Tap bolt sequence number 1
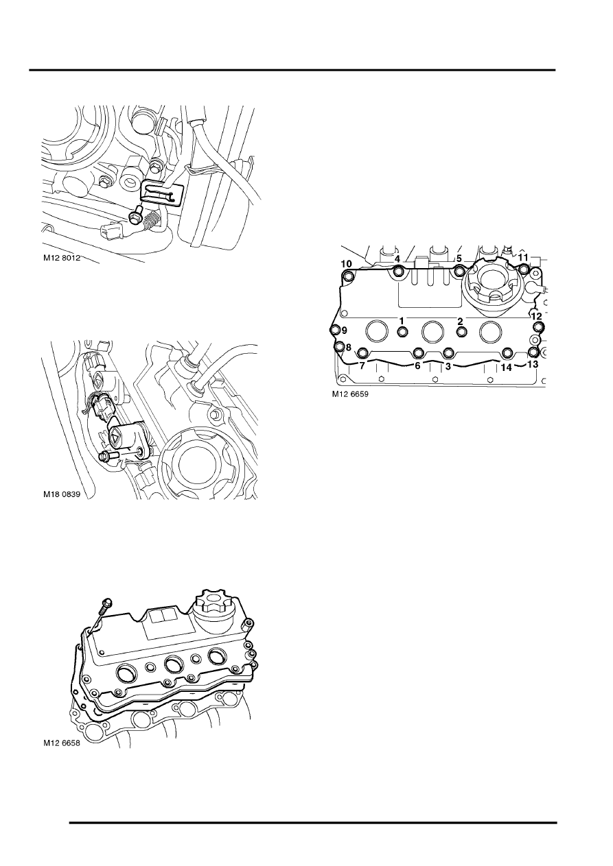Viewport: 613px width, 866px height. coord(402,320)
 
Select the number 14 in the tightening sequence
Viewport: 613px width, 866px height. coord(507,367)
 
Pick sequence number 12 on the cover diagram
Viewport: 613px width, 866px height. coord(537,316)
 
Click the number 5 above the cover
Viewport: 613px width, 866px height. coord(459,259)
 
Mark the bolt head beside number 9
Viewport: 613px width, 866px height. coord(335,330)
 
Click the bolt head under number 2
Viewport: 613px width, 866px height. coord(461,333)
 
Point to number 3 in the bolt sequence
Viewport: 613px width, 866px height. coord(448,367)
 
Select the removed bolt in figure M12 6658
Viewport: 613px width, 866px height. coord(104,605)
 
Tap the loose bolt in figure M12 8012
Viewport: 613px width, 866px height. coord(137,217)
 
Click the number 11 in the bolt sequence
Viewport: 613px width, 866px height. coord(523,257)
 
